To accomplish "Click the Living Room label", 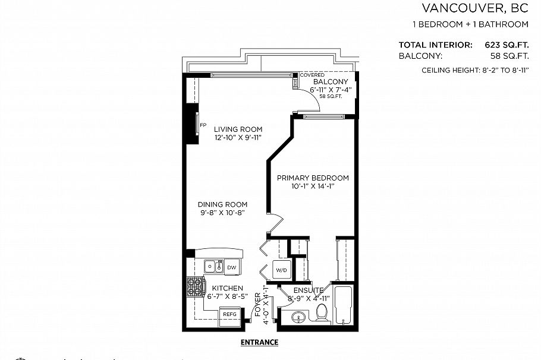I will [x=238, y=129].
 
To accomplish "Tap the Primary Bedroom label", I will [x=313, y=178].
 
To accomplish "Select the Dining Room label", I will [x=222, y=204].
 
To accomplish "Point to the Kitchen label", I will [x=227, y=288].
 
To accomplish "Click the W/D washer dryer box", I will [x=281, y=270].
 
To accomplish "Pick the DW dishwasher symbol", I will [x=231, y=268].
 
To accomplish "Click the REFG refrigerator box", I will [x=229, y=314].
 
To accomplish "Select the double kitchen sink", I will [x=213, y=267].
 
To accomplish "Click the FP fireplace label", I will [x=203, y=125].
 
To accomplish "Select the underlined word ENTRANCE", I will [x=259, y=342].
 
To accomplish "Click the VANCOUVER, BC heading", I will [x=474, y=8].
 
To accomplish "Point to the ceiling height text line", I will [x=474, y=70].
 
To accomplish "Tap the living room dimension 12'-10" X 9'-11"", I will [x=238, y=137].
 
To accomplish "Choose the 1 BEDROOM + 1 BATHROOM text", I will [x=470, y=24].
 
